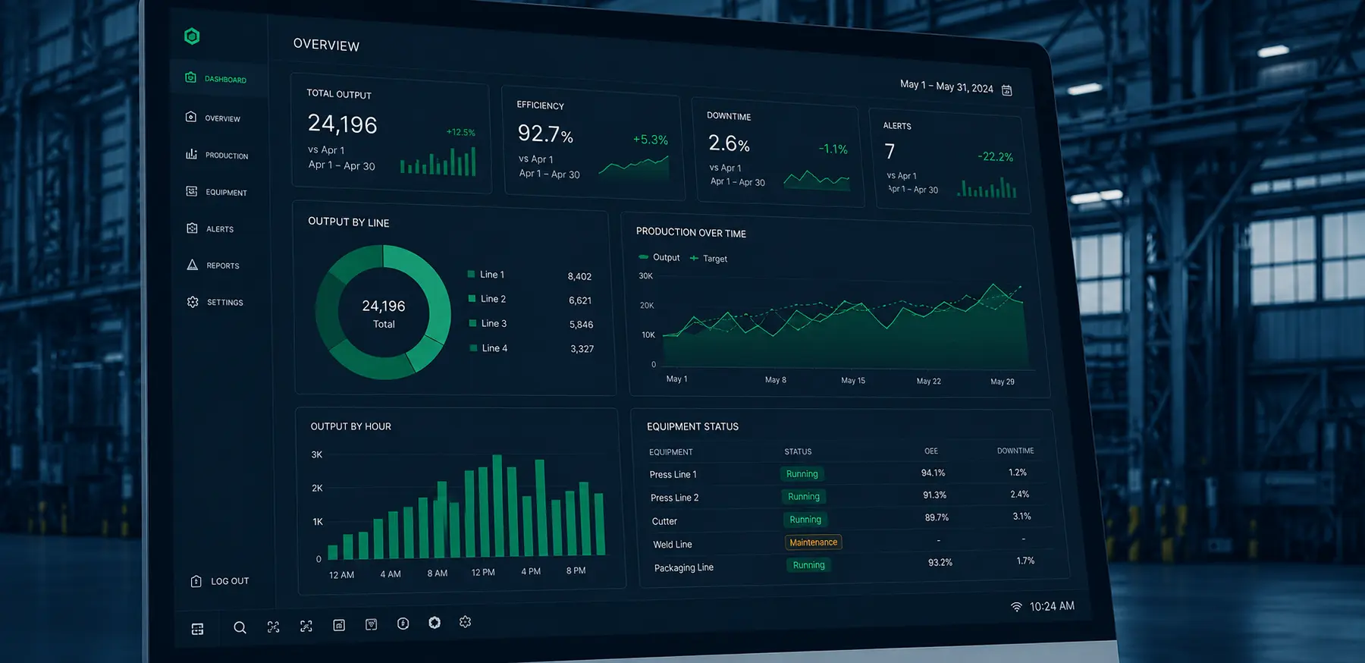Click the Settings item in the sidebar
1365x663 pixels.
pyautogui.click(x=215, y=302)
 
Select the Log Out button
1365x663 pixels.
pyautogui.click(x=220, y=581)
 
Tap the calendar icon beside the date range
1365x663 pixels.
pyautogui.click(x=1007, y=90)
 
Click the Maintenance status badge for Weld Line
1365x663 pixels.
pyautogui.click(x=813, y=542)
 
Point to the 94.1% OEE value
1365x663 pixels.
pyautogui.click(x=933, y=473)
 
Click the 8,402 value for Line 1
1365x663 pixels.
pyautogui.click(x=579, y=277)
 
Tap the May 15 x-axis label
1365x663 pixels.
pyautogui.click(x=853, y=380)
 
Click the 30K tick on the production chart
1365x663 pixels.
pyautogui.click(x=645, y=276)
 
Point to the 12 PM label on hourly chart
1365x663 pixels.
pyautogui.click(x=483, y=572)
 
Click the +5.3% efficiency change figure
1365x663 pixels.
pyautogui.click(x=651, y=140)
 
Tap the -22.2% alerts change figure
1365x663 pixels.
pyautogui.click(x=995, y=157)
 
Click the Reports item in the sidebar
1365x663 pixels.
pyautogui.click(x=213, y=266)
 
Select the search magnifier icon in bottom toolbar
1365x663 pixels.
pyautogui.click(x=240, y=627)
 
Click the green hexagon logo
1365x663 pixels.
pyautogui.click(x=192, y=36)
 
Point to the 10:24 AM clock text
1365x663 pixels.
pyautogui.click(x=1052, y=606)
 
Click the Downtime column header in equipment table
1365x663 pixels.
pyautogui.click(x=1015, y=451)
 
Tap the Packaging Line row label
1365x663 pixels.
pyautogui.click(x=684, y=567)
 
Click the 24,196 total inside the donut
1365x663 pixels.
pyautogui.click(x=384, y=306)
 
